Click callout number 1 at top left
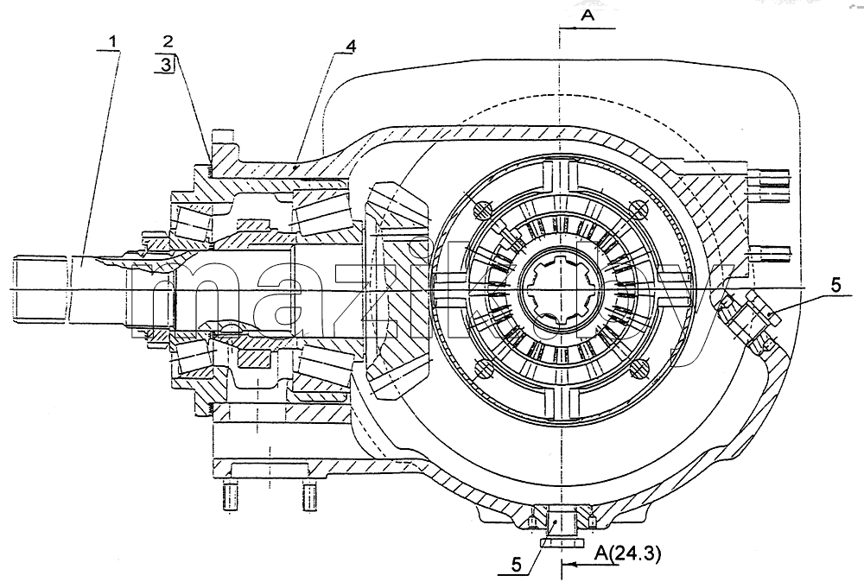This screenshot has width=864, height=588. [113, 41]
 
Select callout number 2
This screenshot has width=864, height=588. [168, 41]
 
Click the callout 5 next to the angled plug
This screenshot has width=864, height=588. [835, 285]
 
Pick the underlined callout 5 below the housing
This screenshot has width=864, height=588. [517, 565]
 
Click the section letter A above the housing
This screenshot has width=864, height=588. [588, 16]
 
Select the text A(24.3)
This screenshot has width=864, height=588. [626, 553]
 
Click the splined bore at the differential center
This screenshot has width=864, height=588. [560, 288]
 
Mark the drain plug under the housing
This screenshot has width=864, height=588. [560, 527]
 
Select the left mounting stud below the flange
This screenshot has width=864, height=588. [231, 496]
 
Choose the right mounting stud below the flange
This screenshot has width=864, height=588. [310, 496]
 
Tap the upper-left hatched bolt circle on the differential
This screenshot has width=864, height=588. [483, 210]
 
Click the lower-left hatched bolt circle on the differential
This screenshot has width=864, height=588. [483, 369]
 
